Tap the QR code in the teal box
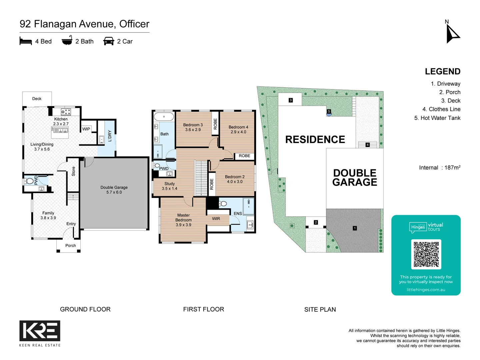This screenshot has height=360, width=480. coord(426,254)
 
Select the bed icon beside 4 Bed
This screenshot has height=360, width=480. coord(26,41)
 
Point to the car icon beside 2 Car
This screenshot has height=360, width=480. coord(109,41)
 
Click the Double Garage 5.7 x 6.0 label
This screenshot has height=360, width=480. coord(114,190)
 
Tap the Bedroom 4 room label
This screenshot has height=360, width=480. coord(238,129)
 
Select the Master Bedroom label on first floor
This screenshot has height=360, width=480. coord(183,220)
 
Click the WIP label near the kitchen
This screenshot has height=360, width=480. coord(86,129)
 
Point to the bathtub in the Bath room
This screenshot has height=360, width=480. coord(164,117)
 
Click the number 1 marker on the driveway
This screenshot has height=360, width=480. coord(355,228)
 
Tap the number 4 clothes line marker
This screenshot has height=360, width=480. coord(367,145)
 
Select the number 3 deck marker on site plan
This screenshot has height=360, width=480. coord(291,100)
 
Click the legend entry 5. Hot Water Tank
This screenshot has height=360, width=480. coord(437,118)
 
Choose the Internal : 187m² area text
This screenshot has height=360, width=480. coord(439,168)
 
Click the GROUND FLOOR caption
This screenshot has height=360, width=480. coord(85,309)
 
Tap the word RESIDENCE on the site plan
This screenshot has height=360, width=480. coord(315,140)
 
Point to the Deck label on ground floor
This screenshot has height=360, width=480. coord(37,99)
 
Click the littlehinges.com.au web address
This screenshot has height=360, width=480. coord(426,290)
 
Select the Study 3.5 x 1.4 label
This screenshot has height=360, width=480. coord(169,186)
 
